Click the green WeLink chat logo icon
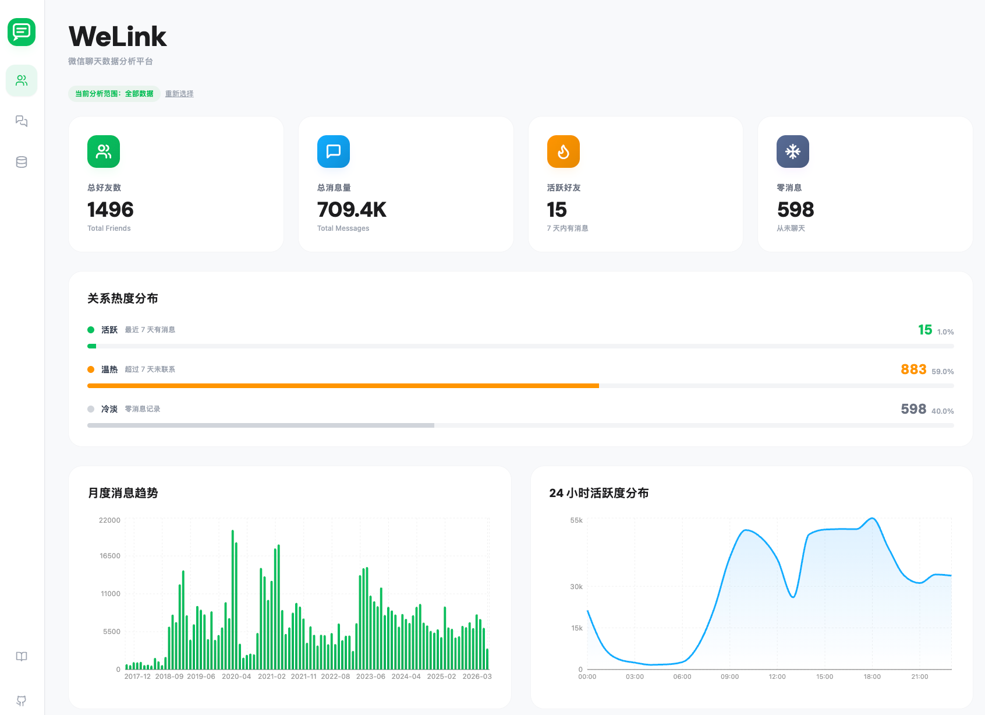pyautogui.click(x=22, y=31)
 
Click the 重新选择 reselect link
pyautogui.click(x=179, y=94)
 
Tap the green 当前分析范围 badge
pyautogui.click(x=114, y=94)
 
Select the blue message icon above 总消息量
pyautogui.click(x=334, y=152)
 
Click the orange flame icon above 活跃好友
pyautogui.click(x=563, y=152)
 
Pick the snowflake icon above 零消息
pyautogui.click(x=792, y=152)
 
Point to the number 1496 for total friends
pyautogui.click(x=111, y=210)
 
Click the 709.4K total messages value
pyautogui.click(x=352, y=210)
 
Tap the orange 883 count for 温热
pyautogui.click(x=913, y=369)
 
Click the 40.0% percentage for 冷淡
pyautogui.click(x=943, y=411)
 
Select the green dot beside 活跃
pyautogui.click(x=91, y=330)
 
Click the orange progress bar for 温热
pyautogui.click(x=343, y=386)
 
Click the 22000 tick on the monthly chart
pyautogui.click(x=109, y=520)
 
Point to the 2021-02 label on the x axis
pyautogui.click(x=272, y=677)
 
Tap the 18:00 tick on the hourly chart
pyautogui.click(x=872, y=677)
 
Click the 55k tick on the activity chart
pyautogui.click(x=576, y=520)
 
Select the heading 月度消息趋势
pyautogui.click(x=123, y=493)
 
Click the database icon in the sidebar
pyautogui.click(x=22, y=162)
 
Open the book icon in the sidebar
pyautogui.click(x=22, y=657)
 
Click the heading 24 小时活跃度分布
pyautogui.click(x=598, y=493)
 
